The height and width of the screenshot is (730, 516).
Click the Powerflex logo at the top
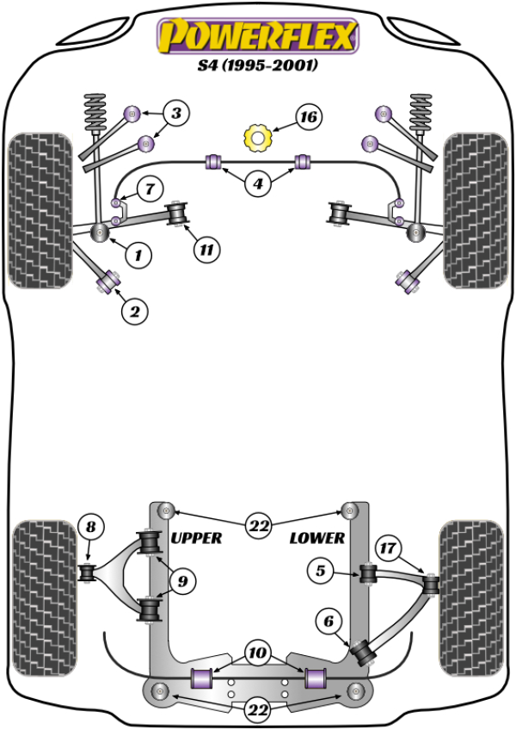pos(256,37)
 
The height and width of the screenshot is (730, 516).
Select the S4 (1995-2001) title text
pos(256,66)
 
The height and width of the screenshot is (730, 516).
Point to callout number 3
pos(175,112)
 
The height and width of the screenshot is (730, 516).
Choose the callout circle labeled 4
pos(257,182)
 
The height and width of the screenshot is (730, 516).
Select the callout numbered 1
pos(137,254)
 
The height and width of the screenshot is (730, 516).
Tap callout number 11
pos(206,251)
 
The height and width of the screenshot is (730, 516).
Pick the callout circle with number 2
pos(134,312)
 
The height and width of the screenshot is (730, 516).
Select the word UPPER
pos(197,538)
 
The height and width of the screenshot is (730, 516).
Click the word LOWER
pos(317,538)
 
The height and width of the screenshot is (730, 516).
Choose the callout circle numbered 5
pos(319,569)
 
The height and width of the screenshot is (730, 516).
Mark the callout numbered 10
pos(257,652)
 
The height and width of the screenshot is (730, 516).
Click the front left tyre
pos(40,208)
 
